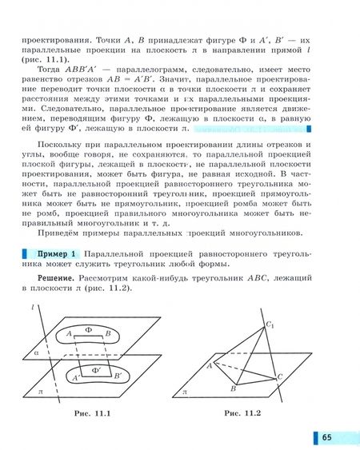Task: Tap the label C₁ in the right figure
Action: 271,324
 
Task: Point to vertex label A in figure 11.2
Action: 209,364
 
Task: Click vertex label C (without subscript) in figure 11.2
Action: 279,376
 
